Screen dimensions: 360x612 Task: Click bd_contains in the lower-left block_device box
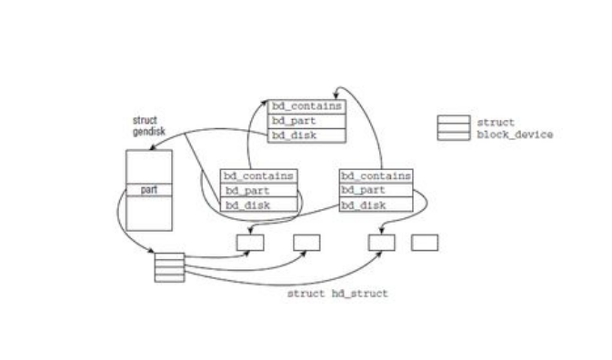click(259, 175)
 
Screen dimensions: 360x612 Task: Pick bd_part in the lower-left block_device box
click(259, 190)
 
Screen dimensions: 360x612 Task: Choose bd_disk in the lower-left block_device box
click(259, 205)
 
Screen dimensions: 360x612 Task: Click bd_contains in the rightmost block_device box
click(376, 175)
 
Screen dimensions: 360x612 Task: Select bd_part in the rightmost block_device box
click(376, 190)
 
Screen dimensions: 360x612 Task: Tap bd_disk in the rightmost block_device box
click(376, 205)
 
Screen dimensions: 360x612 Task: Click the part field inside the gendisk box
click(148, 190)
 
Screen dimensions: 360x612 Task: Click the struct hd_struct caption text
click(337, 294)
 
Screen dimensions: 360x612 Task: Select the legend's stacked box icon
click(453, 128)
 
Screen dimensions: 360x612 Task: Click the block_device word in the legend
click(515, 135)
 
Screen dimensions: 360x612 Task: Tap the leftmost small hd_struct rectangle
click(250, 243)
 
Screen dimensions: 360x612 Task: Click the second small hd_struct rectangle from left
click(306, 243)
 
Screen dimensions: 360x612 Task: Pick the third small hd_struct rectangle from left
click(381, 243)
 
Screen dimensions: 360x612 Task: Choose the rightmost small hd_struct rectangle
click(425, 243)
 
